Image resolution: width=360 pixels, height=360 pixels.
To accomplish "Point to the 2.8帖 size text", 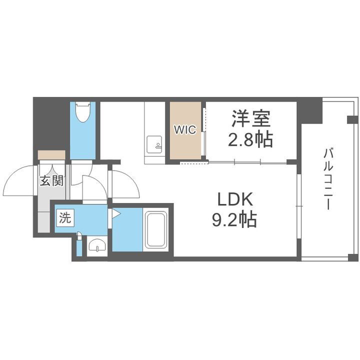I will pyautogui.click(x=251, y=140).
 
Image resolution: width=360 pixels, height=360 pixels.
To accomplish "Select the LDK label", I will pyautogui.click(x=235, y=200).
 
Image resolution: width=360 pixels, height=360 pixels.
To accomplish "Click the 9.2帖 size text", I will pyautogui.click(x=234, y=220).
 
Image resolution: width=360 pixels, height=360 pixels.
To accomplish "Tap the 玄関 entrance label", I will pyautogui.click(x=51, y=181).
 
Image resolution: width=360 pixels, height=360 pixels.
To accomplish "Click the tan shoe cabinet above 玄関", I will pyautogui.click(x=51, y=154).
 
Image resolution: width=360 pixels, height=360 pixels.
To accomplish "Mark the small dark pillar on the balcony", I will pyautogui.click(x=352, y=119).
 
